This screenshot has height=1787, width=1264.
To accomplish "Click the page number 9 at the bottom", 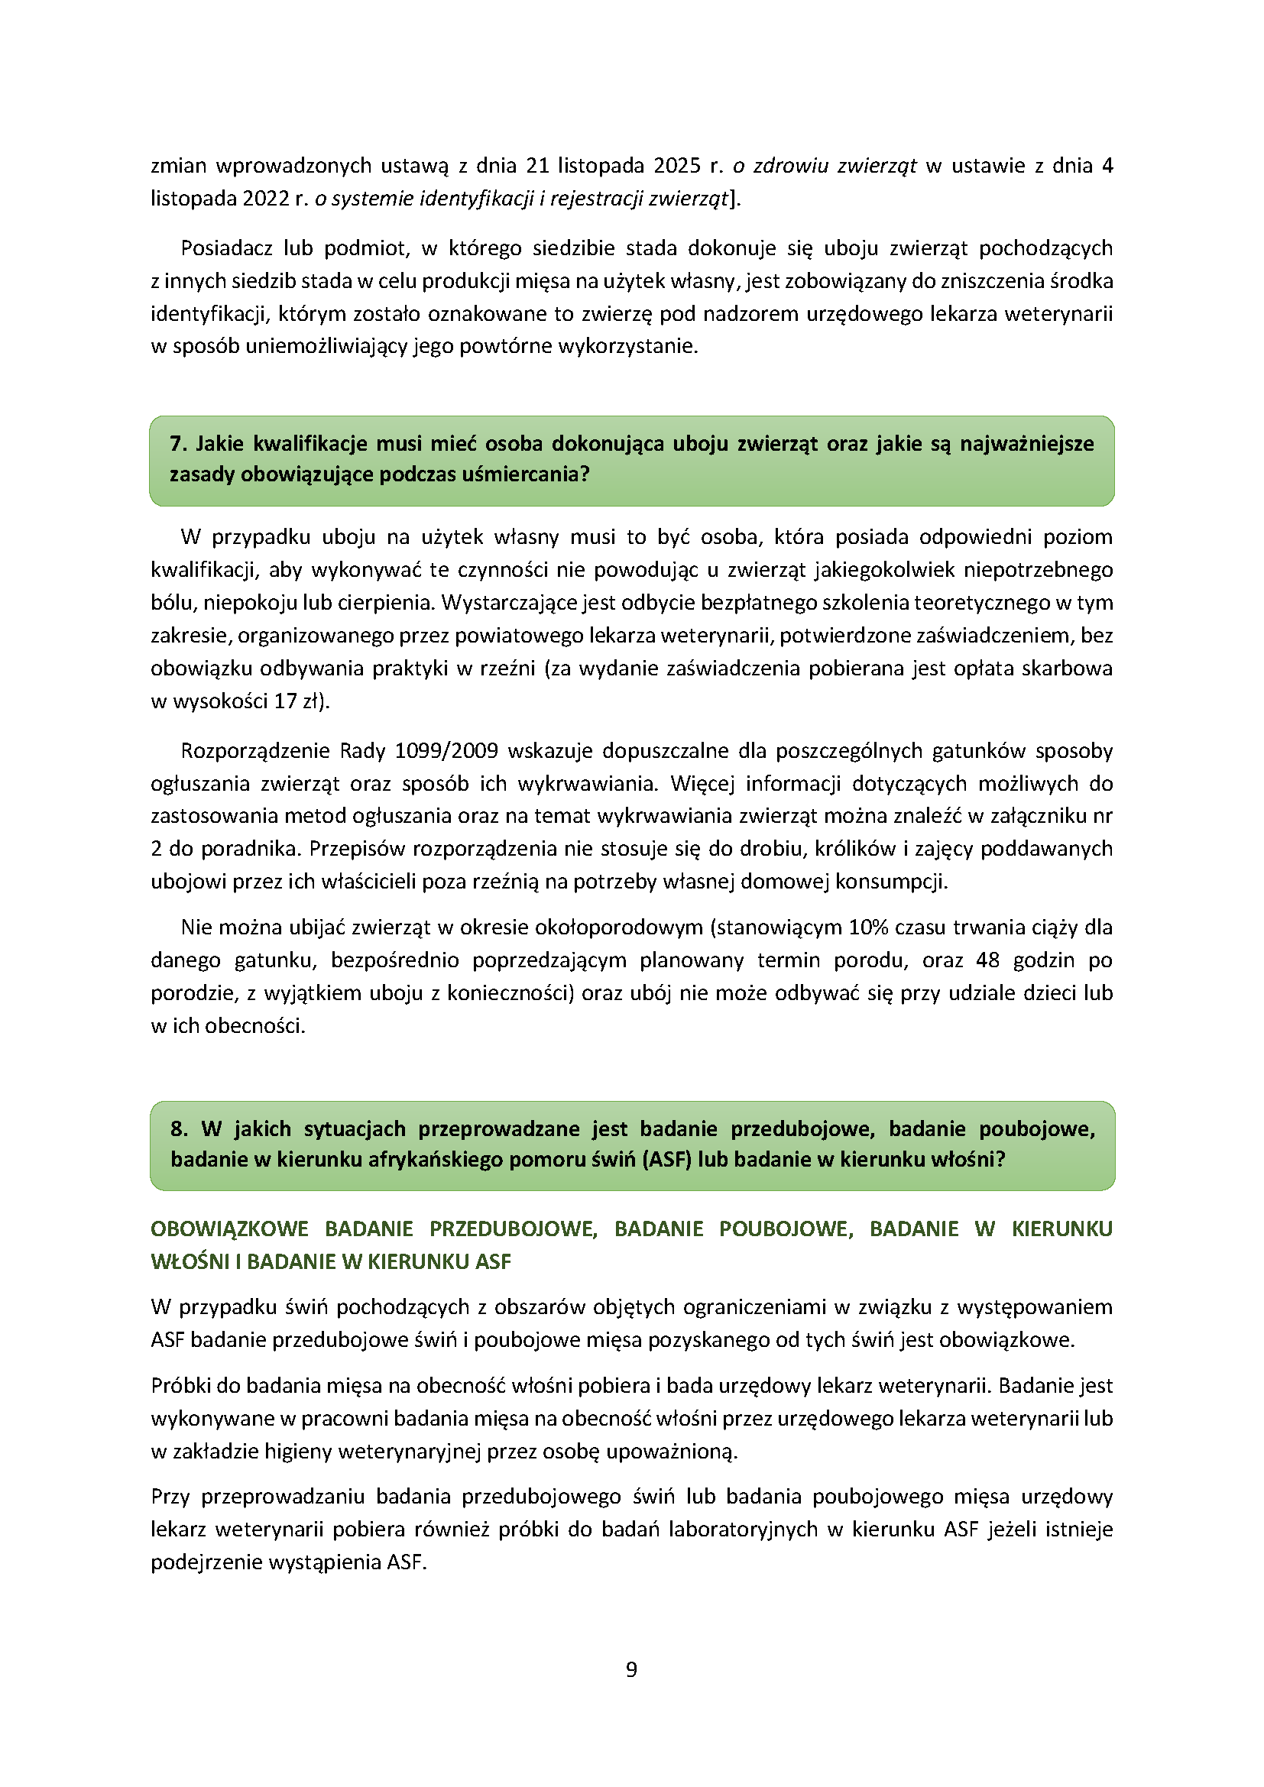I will (631, 1669).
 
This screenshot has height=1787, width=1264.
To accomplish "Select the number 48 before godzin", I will (987, 960).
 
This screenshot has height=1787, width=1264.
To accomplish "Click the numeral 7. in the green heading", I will (178, 444).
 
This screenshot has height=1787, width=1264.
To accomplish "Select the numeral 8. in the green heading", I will (179, 1128).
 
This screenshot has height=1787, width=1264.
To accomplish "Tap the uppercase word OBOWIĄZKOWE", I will (229, 1229).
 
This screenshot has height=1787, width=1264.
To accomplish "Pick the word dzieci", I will (1030, 993).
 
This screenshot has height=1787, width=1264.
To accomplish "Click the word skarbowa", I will (1076, 669).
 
